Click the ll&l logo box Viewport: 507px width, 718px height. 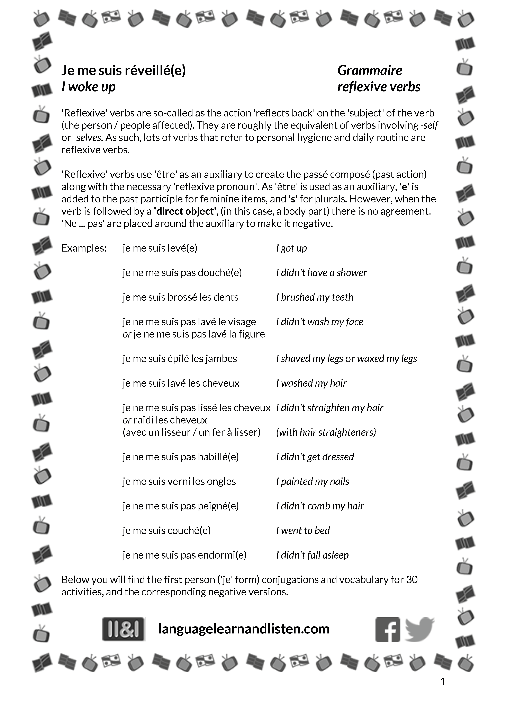[x=124, y=629]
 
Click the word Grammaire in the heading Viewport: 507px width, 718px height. [x=370, y=70]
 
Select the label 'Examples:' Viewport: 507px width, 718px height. [x=84, y=248]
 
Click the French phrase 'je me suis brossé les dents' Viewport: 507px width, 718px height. [x=180, y=297]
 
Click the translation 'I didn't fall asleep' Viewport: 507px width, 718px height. [x=312, y=555]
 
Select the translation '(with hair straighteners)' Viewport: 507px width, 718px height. [x=326, y=432]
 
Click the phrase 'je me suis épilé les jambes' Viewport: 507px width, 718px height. [x=180, y=358]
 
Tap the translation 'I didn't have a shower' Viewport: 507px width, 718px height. [x=321, y=273]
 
